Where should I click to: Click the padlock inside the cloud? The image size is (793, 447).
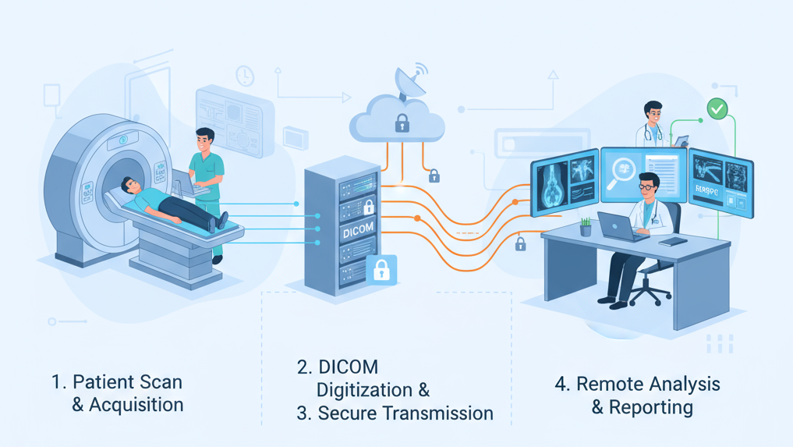[402, 122]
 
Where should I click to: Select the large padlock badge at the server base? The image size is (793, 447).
[381, 270]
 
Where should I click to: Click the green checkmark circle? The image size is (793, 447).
[717, 108]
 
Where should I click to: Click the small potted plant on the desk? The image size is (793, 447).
[586, 227]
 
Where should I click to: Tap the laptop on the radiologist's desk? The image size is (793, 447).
[617, 227]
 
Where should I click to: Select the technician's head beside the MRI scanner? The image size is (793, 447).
[205, 140]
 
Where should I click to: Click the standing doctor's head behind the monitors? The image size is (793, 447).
[653, 113]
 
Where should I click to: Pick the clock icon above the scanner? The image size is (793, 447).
[245, 76]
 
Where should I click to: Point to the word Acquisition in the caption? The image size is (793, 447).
[136, 405]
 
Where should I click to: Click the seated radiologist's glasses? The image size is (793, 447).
[646, 188]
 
